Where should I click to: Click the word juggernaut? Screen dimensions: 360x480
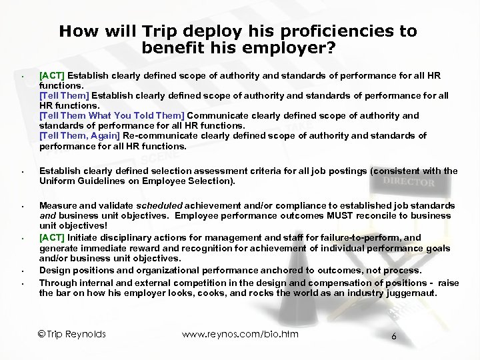433,293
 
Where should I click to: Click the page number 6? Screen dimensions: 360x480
394,337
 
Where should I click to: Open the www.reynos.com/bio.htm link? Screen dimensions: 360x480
240,334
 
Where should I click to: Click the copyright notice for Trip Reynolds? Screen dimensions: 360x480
71,334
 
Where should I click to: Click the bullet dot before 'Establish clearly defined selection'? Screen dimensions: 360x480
23,173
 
